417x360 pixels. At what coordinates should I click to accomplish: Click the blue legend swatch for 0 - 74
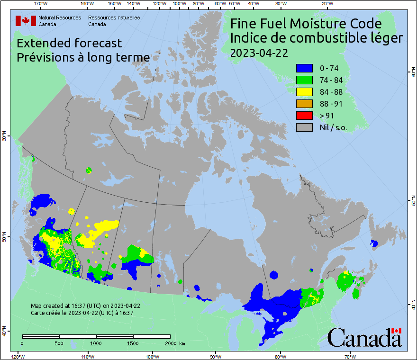coord(304,68)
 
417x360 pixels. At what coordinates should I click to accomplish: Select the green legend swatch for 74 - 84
coord(304,80)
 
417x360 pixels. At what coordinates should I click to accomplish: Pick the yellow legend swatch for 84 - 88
coord(304,92)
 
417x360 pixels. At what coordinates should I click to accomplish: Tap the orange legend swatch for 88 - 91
coord(304,104)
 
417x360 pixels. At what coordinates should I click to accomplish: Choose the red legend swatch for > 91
coord(304,116)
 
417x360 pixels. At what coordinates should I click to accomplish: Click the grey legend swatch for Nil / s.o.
coord(304,127)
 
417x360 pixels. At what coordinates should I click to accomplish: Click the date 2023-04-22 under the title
coord(259,53)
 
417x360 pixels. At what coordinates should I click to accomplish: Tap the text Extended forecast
coord(69,43)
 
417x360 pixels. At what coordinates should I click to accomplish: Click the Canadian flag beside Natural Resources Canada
coord(26,21)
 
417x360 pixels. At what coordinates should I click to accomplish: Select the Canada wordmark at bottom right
coord(364,338)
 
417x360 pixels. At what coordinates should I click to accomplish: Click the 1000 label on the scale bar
coord(96,343)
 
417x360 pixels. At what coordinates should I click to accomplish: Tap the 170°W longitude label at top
coord(41,4)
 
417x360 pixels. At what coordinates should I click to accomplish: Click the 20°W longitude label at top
coord(326,4)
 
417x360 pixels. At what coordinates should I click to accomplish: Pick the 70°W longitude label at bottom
coord(350,356)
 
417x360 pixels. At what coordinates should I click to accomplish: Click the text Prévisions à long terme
coord(83,57)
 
